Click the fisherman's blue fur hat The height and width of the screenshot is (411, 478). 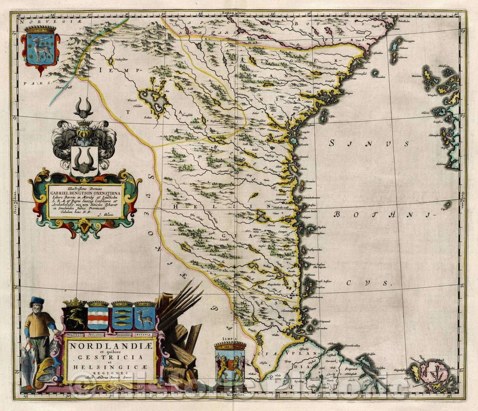(38, 301)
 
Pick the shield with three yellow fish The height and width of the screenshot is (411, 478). (122, 316)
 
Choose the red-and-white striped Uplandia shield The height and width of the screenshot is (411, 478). (98, 316)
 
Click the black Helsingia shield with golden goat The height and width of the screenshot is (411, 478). (74, 316)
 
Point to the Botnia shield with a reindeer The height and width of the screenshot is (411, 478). (144, 316)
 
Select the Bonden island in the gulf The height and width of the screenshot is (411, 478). (376, 73)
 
